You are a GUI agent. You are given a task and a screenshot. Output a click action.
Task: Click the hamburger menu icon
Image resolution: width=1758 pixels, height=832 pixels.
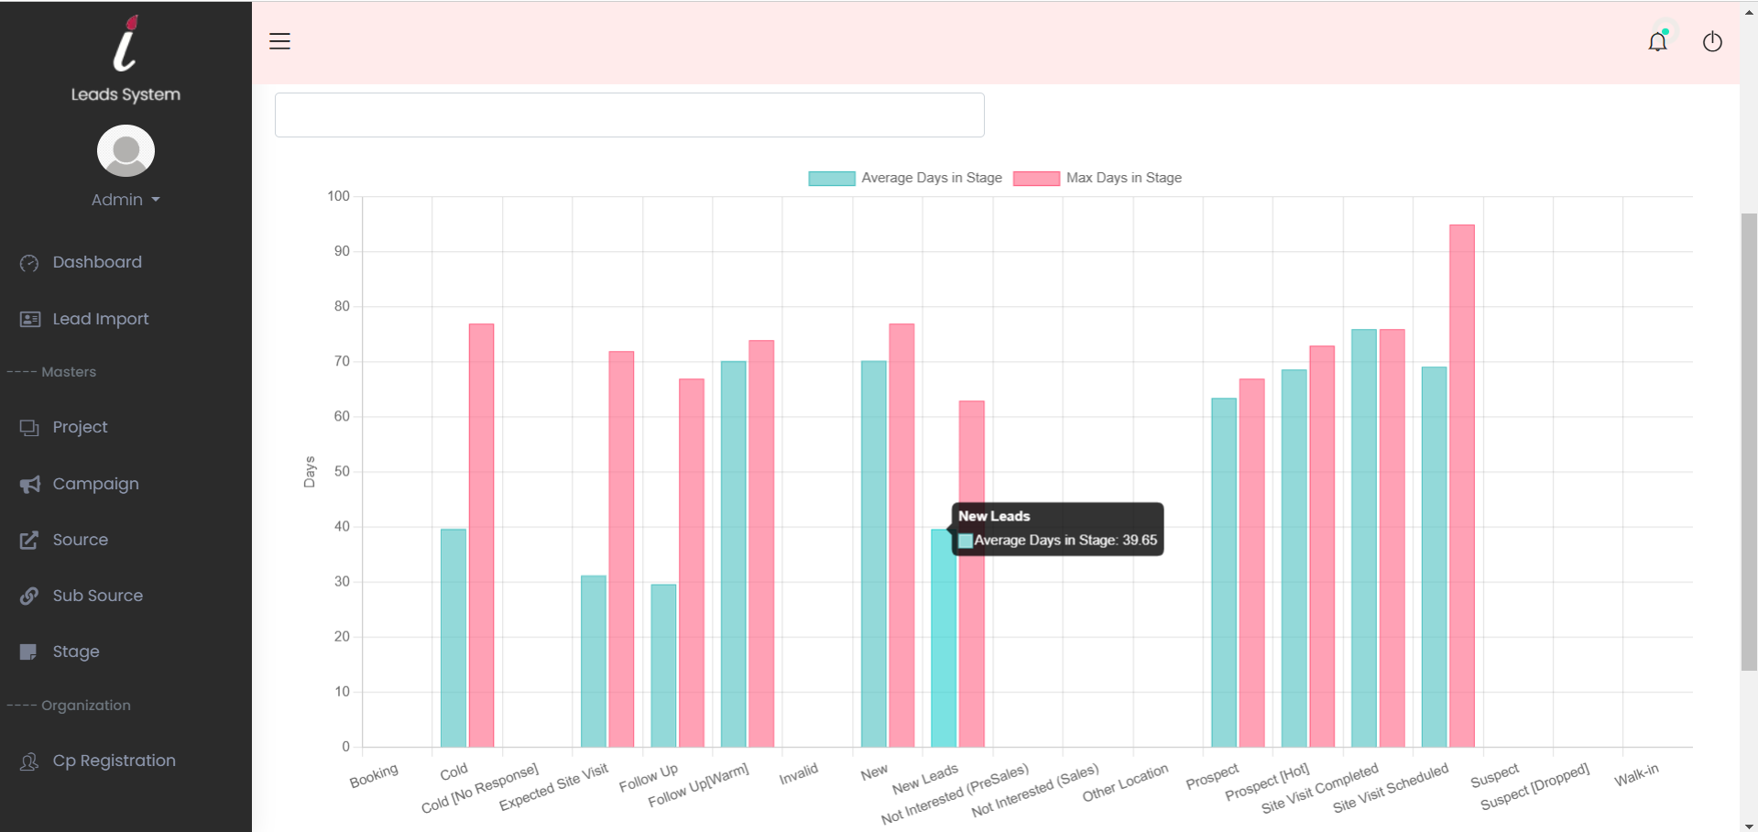279,41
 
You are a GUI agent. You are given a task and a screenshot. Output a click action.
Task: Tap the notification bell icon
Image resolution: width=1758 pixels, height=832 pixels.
1657,41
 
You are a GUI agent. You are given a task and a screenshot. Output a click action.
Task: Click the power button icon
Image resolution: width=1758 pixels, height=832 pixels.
1711,41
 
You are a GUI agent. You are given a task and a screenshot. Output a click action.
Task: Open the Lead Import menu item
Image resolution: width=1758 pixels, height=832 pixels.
100,319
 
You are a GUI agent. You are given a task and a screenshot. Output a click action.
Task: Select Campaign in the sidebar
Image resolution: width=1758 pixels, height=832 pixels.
95,484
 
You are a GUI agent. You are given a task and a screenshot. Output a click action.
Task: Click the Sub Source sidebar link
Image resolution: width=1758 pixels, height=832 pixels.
97,596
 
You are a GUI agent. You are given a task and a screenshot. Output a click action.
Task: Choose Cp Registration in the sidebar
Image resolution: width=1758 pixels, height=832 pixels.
114,761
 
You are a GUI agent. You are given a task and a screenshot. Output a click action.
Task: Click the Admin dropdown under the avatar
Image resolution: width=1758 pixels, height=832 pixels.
126,200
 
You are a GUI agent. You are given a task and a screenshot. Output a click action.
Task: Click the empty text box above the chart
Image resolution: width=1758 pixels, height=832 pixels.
629,115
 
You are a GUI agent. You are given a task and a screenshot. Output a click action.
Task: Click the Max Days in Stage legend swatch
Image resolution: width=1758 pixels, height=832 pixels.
1036,178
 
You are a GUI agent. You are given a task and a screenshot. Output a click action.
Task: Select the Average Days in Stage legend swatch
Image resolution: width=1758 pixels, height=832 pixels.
831,178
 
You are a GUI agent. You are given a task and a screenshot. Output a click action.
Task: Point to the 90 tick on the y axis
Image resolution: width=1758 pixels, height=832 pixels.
342,251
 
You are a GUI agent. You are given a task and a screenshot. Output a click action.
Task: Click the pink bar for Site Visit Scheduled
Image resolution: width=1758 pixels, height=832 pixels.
1461,486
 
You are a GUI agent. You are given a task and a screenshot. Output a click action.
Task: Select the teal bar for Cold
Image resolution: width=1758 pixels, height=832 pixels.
453,638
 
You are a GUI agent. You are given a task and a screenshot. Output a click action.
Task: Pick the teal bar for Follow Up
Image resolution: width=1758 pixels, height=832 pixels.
663,665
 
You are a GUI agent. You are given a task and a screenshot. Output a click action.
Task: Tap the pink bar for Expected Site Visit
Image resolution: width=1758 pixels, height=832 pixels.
621,550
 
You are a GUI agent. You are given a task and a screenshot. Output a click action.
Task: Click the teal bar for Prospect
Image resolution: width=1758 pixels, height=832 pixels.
1223,573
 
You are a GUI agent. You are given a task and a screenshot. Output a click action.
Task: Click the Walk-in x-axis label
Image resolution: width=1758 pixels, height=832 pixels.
1636,776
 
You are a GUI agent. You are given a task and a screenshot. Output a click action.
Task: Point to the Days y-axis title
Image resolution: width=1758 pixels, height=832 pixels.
310,472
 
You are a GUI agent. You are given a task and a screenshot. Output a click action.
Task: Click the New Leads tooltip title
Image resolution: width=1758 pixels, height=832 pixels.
994,516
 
